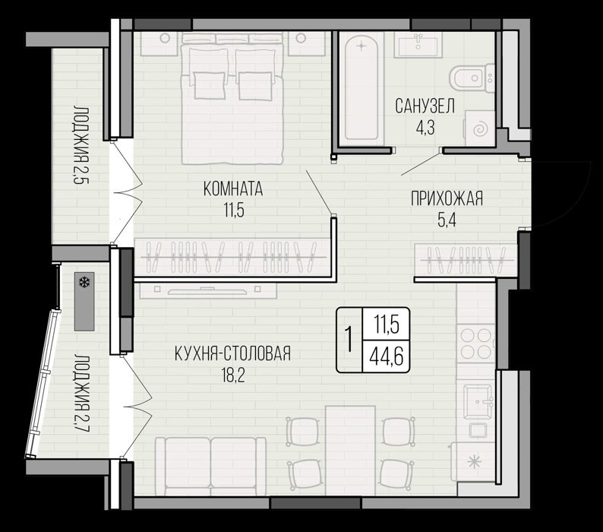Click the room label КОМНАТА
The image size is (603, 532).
[x=232, y=189]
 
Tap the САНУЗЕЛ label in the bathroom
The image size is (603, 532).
[x=425, y=106]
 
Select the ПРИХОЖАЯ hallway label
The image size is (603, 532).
[x=447, y=199]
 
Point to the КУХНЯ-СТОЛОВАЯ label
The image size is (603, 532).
[x=232, y=353]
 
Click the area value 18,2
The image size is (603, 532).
[x=233, y=375]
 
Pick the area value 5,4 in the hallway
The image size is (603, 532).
[x=447, y=220]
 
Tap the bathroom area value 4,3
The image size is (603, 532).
[x=425, y=128]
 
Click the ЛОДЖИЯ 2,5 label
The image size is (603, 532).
[x=81, y=144]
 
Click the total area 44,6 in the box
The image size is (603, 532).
[x=386, y=357]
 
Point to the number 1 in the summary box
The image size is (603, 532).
[x=349, y=340]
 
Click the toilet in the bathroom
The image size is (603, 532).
[x=472, y=78]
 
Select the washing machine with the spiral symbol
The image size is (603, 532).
[x=479, y=128]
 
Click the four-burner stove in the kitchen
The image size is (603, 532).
[x=475, y=343]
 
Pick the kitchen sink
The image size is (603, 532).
[x=478, y=401]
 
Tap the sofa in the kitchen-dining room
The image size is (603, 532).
[x=210, y=466]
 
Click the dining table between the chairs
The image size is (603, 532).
[x=350, y=451]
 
